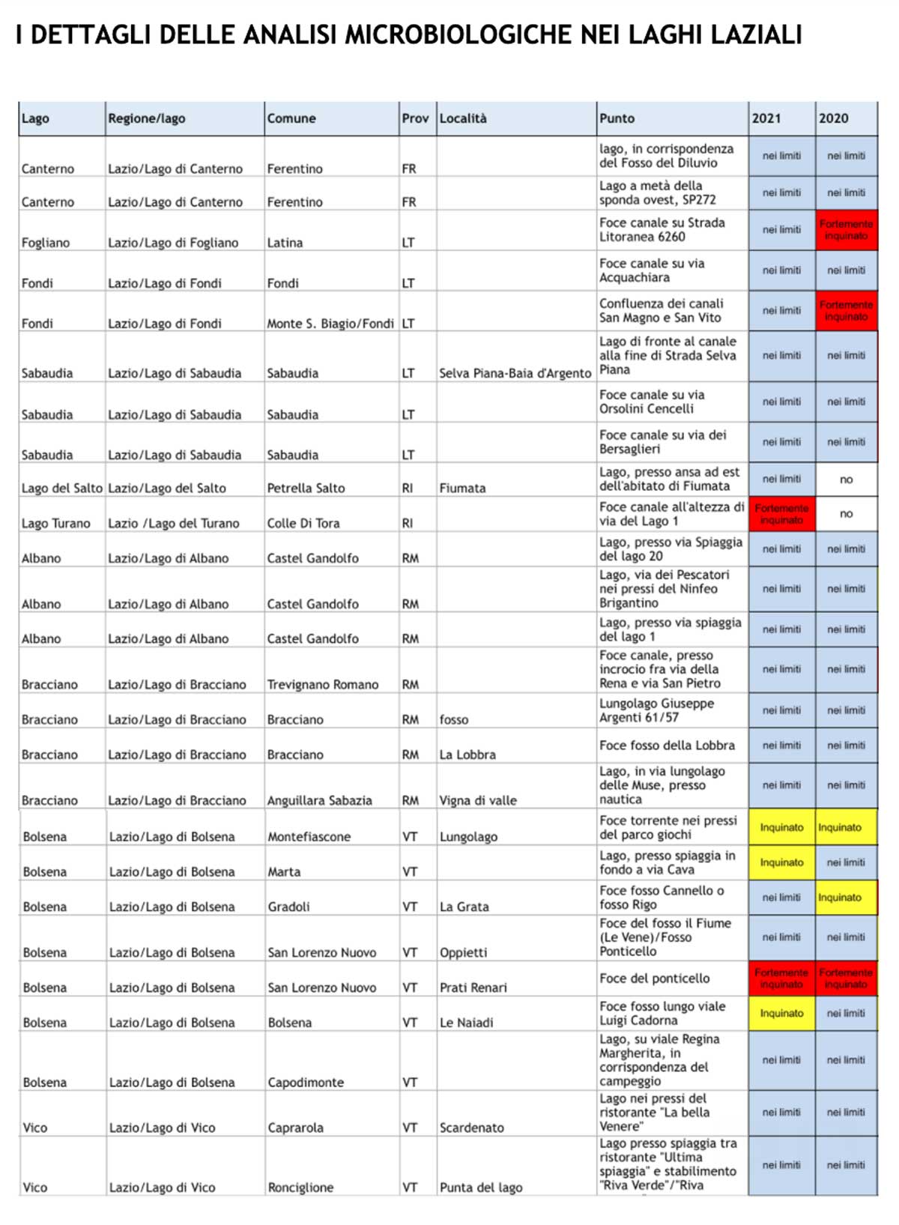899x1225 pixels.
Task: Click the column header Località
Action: pyautogui.click(x=463, y=118)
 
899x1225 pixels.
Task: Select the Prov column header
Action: pyautogui.click(x=415, y=118)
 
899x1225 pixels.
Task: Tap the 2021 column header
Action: pyautogui.click(x=766, y=118)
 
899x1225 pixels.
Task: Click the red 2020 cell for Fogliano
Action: pyautogui.click(x=846, y=230)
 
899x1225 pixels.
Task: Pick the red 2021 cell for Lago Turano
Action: pyautogui.click(x=781, y=514)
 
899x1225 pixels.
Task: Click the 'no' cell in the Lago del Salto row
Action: pyautogui.click(x=846, y=480)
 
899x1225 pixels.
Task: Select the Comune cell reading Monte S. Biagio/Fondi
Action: pyautogui.click(x=330, y=324)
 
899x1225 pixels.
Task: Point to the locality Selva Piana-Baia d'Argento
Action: pyautogui.click(x=515, y=373)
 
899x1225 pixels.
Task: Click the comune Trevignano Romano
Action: pyautogui.click(x=323, y=685)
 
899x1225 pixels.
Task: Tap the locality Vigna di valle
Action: pyautogui.click(x=478, y=800)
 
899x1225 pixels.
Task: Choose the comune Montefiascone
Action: pyautogui.click(x=309, y=837)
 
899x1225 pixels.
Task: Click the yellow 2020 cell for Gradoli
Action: pyautogui.click(x=846, y=898)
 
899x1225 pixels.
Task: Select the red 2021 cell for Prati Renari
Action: pyautogui.click(x=781, y=979)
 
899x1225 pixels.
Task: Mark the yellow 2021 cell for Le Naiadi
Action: pyautogui.click(x=781, y=1013)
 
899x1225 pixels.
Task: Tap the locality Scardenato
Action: pyautogui.click(x=472, y=1128)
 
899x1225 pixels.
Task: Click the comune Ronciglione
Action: pyautogui.click(x=300, y=1188)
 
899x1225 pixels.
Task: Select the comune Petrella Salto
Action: pyautogui.click(x=306, y=488)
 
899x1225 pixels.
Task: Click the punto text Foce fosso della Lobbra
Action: pyautogui.click(x=667, y=745)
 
